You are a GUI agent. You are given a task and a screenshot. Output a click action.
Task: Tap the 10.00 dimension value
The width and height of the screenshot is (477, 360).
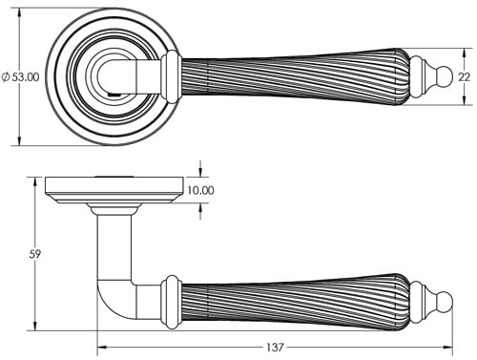[200, 191]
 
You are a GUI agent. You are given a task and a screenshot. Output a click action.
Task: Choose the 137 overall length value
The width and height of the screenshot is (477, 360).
[275, 346]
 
